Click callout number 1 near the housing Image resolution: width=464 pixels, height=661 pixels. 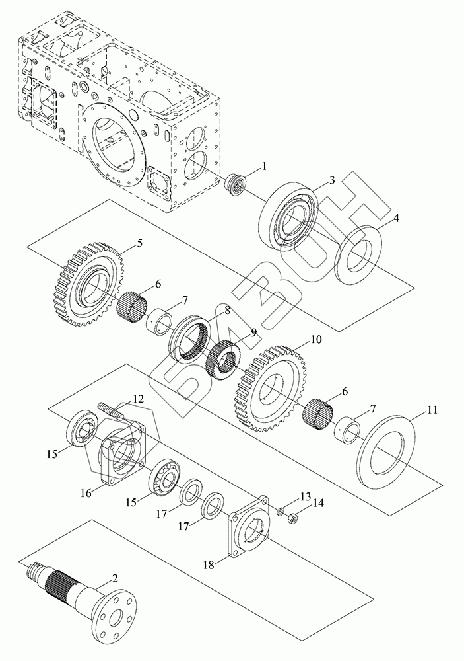coord(263,167)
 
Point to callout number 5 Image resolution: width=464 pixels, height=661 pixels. coord(139,243)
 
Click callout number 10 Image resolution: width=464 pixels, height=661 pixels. coord(316,340)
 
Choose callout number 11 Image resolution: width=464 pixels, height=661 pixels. coord(431,410)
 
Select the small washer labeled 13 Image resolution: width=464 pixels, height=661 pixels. coord(279,512)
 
